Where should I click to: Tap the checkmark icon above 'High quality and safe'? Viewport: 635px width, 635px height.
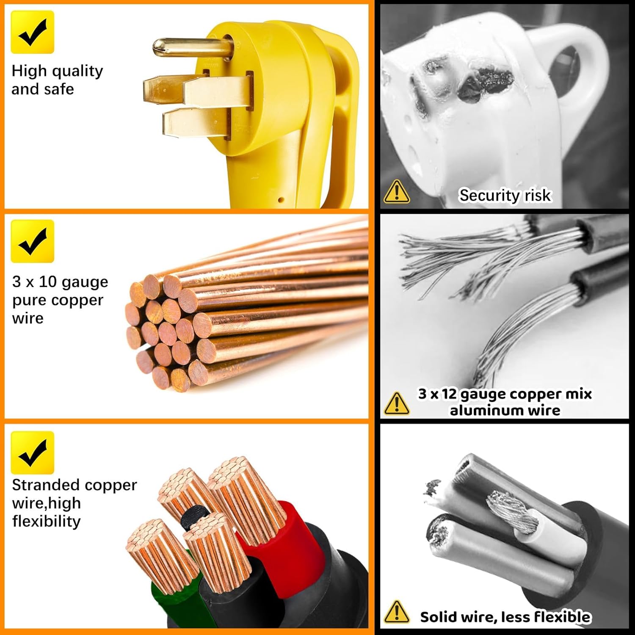(x=33, y=32)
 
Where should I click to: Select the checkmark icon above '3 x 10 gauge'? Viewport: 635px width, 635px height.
(x=33, y=241)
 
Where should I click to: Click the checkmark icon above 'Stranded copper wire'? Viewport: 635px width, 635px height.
(x=33, y=453)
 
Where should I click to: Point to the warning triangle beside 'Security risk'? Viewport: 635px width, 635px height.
(x=397, y=192)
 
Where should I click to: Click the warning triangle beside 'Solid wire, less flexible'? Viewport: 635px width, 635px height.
(x=397, y=612)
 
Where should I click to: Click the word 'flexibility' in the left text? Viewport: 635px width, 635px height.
(x=46, y=521)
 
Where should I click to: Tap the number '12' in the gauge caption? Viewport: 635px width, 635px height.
(x=450, y=394)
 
